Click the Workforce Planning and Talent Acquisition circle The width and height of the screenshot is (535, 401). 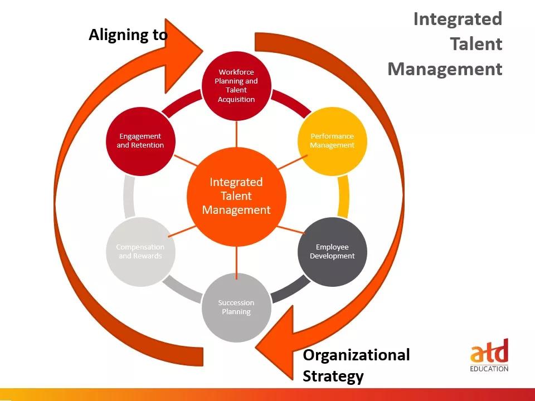tap(236, 86)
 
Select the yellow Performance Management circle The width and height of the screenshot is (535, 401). tap(332, 141)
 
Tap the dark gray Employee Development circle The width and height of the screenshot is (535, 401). tap(332, 252)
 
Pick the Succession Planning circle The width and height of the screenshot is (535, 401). tap(236, 307)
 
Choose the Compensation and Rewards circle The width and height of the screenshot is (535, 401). tap(140, 252)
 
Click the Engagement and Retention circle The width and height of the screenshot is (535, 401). tap(140, 141)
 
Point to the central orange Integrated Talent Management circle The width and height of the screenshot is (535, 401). tap(236, 197)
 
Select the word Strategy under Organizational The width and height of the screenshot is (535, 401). tap(333, 376)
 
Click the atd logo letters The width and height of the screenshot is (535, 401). tap(489, 351)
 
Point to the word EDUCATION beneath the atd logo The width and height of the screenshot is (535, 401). tap(489, 369)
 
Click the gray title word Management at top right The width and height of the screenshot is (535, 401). tap(445, 69)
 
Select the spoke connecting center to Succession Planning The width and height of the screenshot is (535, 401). tap(236, 260)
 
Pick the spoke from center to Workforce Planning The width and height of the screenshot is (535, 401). tap(236, 134)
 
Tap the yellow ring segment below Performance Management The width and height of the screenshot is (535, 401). tap(344, 197)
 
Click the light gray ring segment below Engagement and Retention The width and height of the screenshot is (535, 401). tap(129, 197)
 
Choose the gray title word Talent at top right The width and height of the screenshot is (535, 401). tap(476, 44)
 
